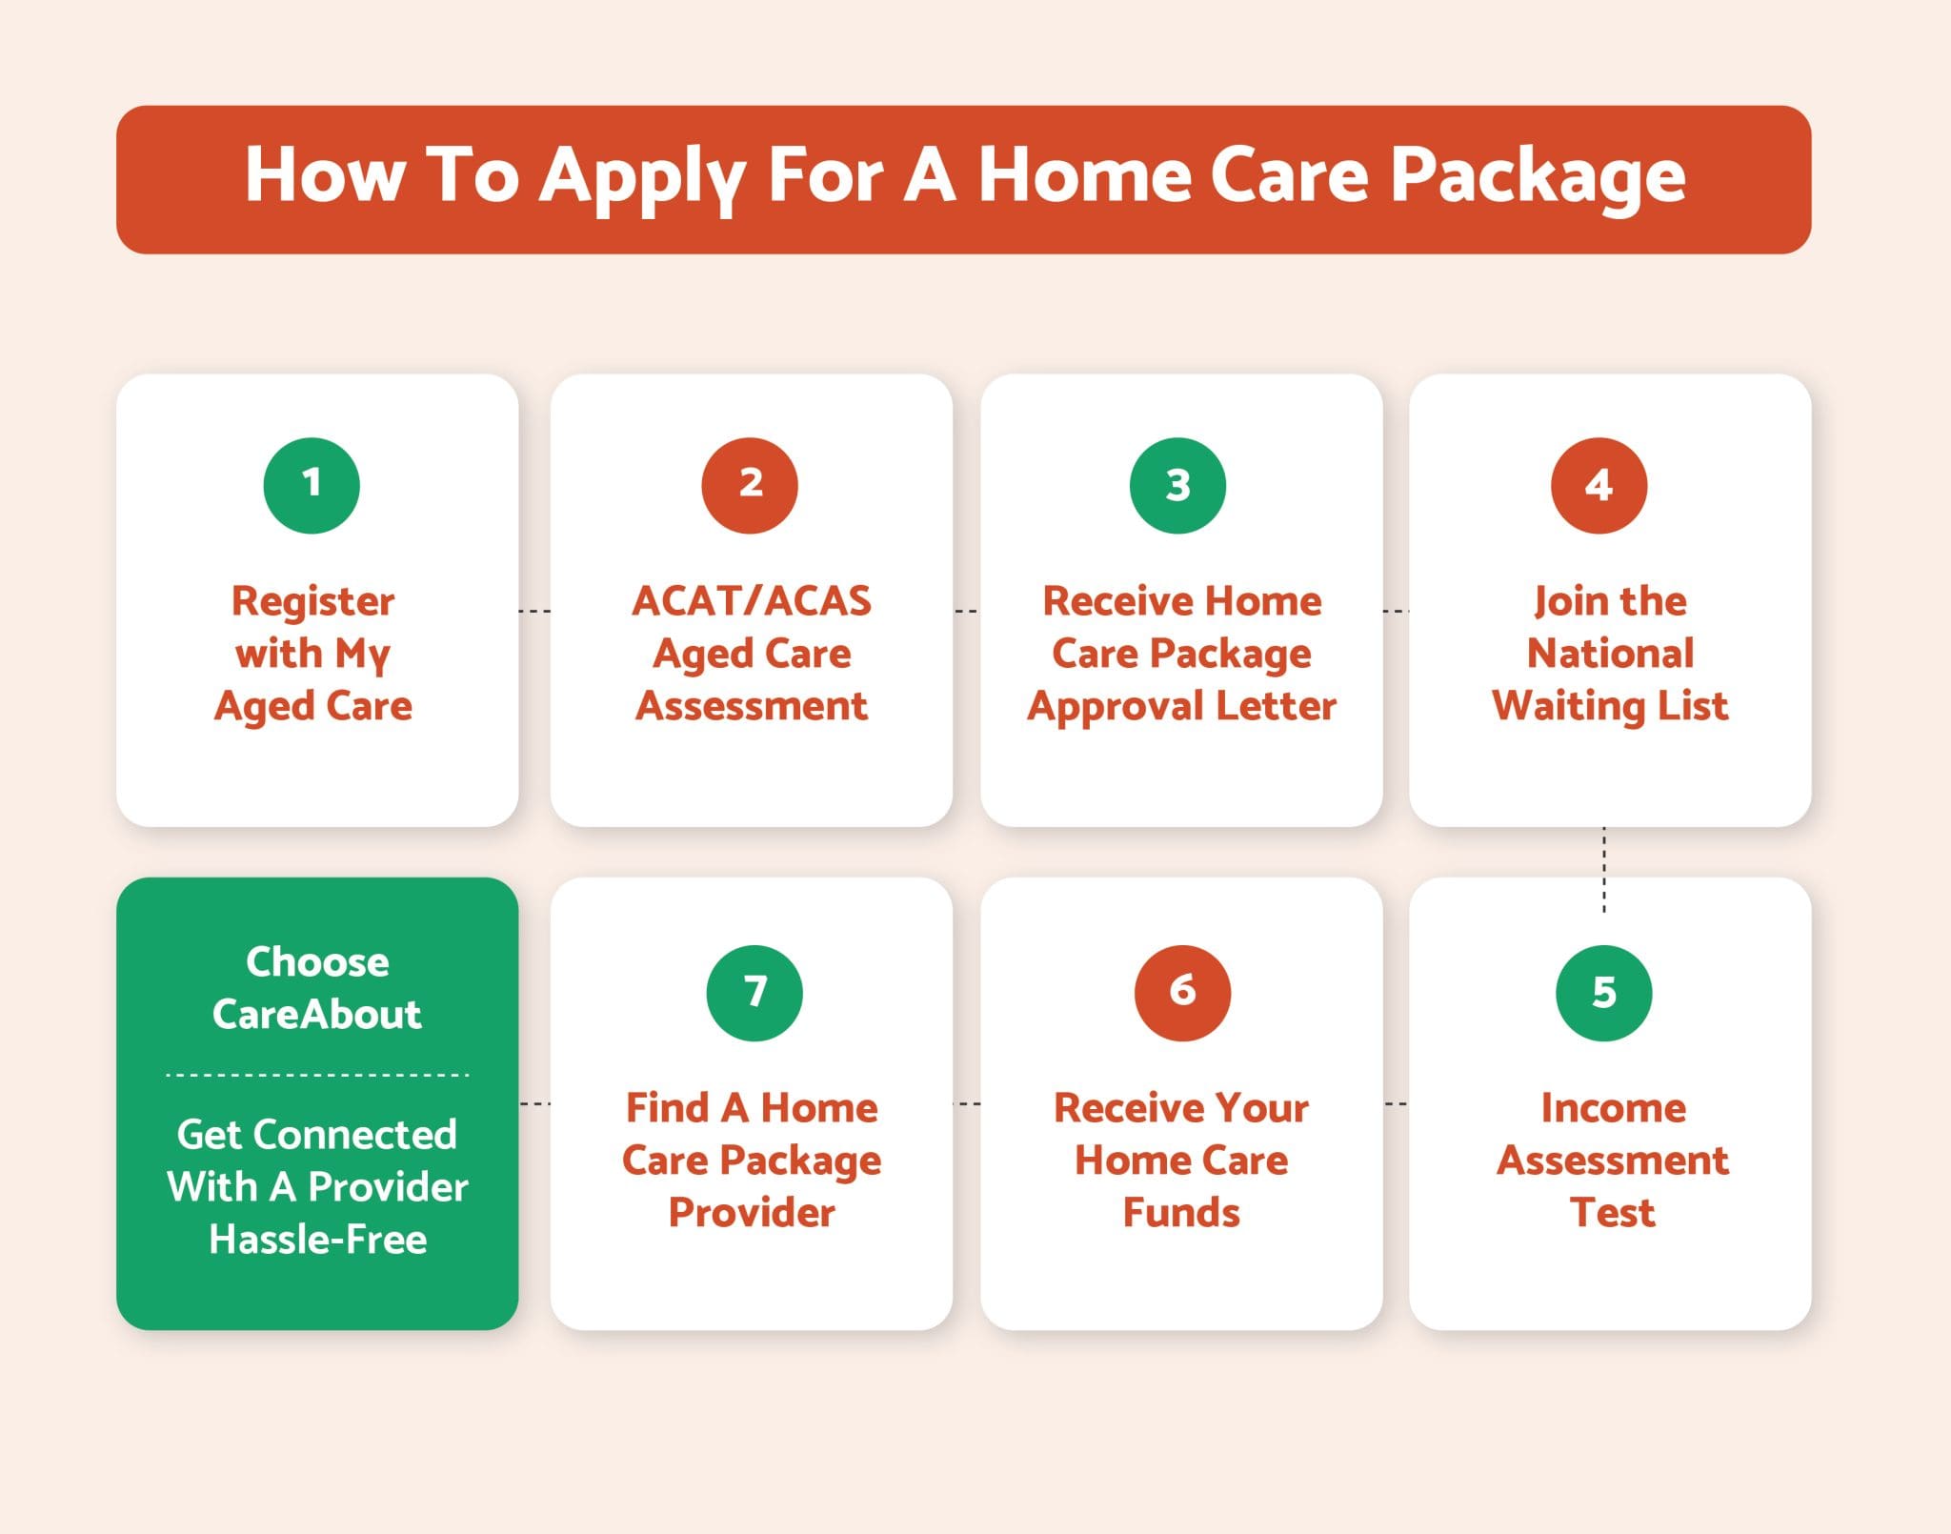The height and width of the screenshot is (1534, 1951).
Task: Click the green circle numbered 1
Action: pyautogui.click(x=312, y=485)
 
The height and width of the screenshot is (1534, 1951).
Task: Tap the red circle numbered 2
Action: pyautogui.click(x=750, y=485)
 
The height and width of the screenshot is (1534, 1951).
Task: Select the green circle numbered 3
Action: pyautogui.click(x=1177, y=485)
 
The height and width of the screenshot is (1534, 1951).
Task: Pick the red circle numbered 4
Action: pyautogui.click(x=1599, y=485)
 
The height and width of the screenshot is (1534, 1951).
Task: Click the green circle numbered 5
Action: pyautogui.click(x=1603, y=993)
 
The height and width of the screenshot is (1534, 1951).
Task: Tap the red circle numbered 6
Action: pyautogui.click(x=1182, y=993)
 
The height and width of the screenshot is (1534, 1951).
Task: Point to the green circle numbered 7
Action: pyautogui.click(x=754, y=993)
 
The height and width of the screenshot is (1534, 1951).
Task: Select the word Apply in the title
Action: pyautogui.click(x=643, y=178)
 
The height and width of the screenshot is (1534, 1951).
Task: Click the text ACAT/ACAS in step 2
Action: pyautogui.click(x=752, y=601)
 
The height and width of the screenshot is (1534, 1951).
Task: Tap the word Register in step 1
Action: pyautogui.click(x=313, y=602)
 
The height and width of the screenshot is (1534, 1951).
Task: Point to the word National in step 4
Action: pyautogui.click(x=1610, y=654)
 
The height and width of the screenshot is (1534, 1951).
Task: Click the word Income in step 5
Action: pyautogui.click(x=1613, y=1108)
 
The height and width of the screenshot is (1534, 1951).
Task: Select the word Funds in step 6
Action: pyautogui.click(x=1181, y=1213)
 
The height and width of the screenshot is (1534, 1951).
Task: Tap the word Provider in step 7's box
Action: pyautogui.click(x=752, y=1213)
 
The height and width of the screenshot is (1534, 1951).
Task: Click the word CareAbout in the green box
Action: pyautogui.click(x=316, y=1014)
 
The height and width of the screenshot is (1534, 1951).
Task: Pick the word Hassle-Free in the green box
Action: pyautogui.click(x=317, y=1240)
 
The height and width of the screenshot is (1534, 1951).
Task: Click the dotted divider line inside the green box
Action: pyautogui.click(x=317, y=1075)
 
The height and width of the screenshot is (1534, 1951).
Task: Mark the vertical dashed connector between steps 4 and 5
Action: pyautogui.click(x=1604, y=869)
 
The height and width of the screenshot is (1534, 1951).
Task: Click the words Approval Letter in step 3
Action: pyautogui.click(x=1181, y=707)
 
